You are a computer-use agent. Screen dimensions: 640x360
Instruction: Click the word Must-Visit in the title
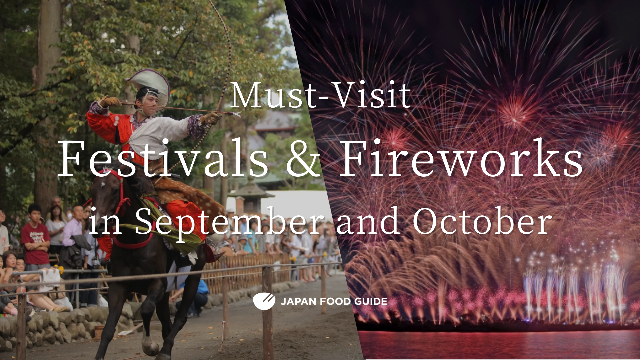tap(321, 96)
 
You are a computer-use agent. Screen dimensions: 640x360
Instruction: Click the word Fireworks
tap(461, 158)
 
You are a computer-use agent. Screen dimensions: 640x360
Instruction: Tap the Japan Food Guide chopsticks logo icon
tap(264, 301)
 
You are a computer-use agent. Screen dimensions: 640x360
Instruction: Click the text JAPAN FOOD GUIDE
tap(334, 302)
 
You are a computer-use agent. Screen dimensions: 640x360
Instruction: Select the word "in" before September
tap(105, 221)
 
